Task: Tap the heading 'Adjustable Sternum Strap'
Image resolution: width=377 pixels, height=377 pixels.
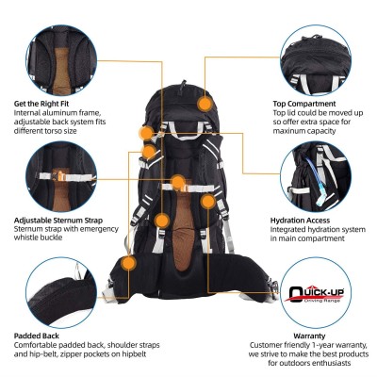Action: click(58, 220)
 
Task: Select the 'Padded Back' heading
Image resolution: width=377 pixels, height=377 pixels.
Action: click(39, 335)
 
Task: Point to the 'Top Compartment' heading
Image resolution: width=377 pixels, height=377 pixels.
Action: click(303, 103)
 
